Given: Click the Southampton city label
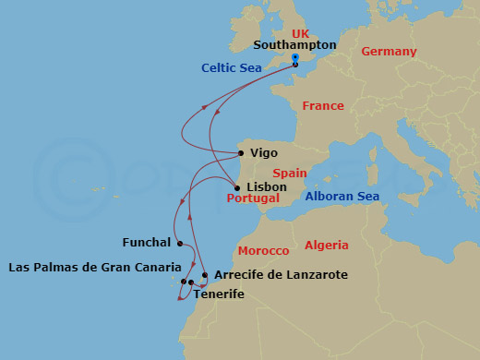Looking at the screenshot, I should (294, 44).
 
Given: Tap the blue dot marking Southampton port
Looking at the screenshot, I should (294, 57).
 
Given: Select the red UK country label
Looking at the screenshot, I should (274, 33).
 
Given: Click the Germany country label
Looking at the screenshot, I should (389, 52).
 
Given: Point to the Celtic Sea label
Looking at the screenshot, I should (232, 67).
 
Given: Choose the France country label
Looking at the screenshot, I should (323, 106).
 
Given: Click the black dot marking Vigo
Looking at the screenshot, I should (241, 153).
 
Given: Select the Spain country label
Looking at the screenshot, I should (289, 173).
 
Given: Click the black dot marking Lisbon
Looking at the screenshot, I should (237, 188).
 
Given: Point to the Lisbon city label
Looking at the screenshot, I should (267, 186).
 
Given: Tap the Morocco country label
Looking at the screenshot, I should (263, 251).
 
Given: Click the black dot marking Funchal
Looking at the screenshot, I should (180, 244).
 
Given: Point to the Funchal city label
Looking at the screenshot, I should (147, 243).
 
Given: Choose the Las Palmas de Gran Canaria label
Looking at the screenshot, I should (94, 268).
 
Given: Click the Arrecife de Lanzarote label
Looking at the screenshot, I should (281, 275).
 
